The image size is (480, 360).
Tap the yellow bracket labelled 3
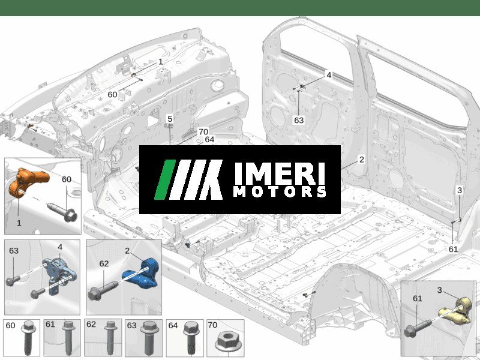[x=456, y=312]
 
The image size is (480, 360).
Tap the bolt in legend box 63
[x=149, y=338]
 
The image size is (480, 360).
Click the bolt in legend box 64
[x=191, y=338]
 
